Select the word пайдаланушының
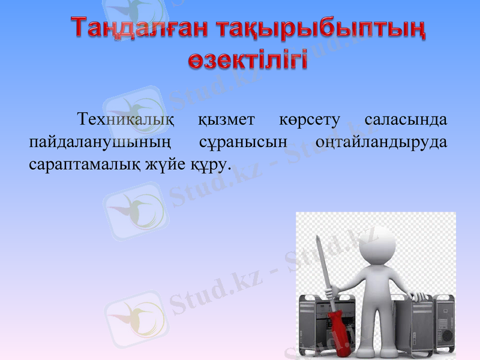click(x=100, y=142)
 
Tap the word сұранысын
click(x=244, y=142)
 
